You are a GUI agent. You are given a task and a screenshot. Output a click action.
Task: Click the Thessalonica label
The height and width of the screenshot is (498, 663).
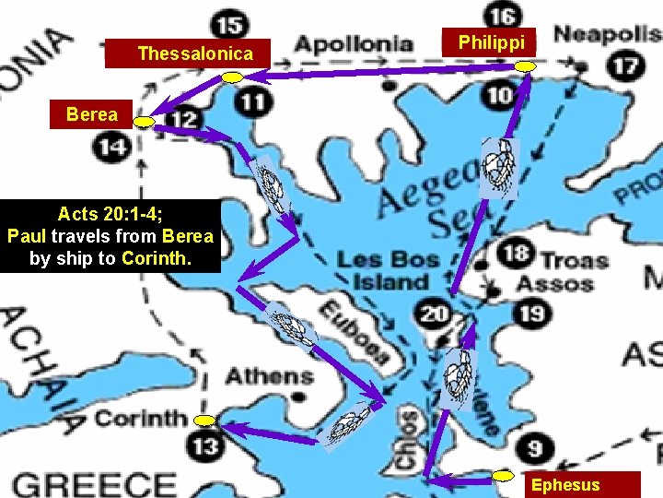[194, 54]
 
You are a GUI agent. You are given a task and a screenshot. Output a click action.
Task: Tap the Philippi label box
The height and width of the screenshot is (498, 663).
[492, 42]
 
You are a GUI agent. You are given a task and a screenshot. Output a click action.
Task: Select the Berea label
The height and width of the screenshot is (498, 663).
[92, 114]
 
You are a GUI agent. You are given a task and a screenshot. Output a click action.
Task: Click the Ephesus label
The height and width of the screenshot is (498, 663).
[565, 485]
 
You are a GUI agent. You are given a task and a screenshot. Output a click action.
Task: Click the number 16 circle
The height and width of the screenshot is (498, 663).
[503, 16]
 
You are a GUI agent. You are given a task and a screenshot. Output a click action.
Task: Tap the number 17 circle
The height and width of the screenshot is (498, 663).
[625, 66]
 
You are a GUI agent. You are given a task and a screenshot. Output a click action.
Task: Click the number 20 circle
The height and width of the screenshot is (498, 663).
[434, 314]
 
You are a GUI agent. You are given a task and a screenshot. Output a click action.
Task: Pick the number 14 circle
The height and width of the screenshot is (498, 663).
[112, 147]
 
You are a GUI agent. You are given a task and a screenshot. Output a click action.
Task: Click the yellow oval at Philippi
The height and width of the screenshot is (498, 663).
[525, 66]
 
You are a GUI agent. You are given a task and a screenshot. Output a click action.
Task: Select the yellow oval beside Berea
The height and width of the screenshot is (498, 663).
[145, 122]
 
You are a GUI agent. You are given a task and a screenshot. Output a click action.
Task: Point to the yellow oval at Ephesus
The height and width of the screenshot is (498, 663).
[503, 475]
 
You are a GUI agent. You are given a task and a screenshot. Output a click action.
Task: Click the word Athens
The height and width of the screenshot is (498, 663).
[269, 376]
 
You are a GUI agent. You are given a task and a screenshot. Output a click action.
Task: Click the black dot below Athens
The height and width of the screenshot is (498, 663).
[298, 397]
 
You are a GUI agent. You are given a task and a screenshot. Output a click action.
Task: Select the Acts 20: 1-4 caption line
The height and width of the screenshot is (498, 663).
[110, 214]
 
